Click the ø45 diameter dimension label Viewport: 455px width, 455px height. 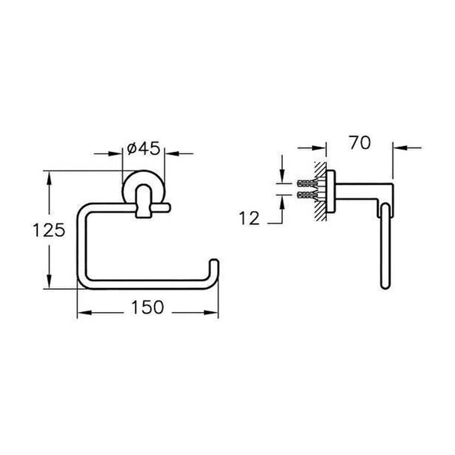[x=144, y=149]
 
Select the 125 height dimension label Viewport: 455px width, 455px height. [x=49, y=230]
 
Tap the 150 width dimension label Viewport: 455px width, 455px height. [x=147, y=307]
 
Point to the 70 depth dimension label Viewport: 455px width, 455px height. [x=360, y=143]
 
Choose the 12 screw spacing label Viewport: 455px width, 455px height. [x=249, y=219]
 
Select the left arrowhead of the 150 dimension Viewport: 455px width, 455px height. [x=84, y=313]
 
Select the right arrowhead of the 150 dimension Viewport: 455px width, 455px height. [x=211, y=313]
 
